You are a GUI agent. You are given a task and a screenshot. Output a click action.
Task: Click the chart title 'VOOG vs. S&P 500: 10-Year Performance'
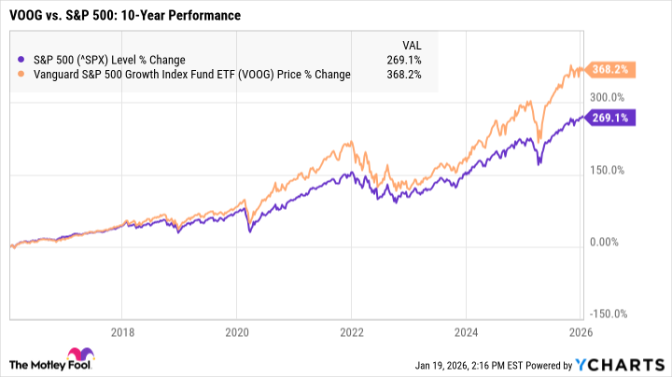click(x=124, y=17)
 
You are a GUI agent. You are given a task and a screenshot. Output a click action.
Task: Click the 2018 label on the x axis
click(x=123, y=331)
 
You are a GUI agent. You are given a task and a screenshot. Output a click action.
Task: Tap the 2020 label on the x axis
click(x=237, y=331)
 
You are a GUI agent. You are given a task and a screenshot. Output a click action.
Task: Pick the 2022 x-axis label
click(x=352, y=331)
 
